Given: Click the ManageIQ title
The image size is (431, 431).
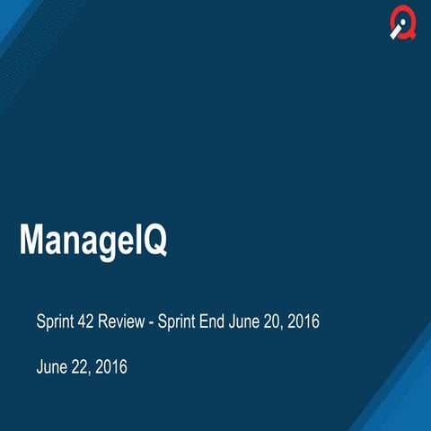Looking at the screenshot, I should [x=93, y=241].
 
